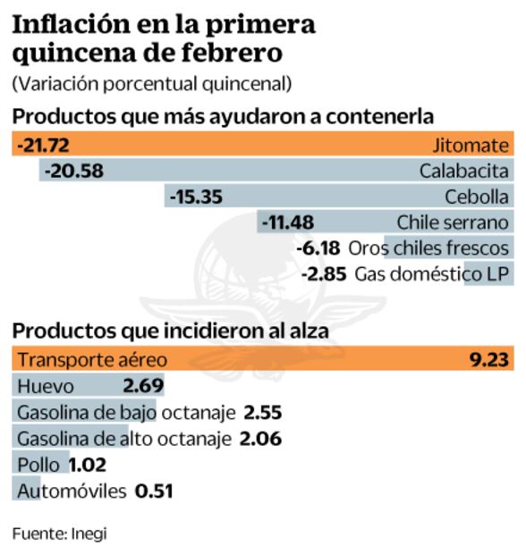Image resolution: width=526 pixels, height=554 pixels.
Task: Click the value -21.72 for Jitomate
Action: [43, 145]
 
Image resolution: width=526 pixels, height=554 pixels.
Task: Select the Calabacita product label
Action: [463, 171]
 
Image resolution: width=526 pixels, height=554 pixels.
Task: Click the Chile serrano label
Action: [453, 222]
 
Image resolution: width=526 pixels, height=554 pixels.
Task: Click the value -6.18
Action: [318, 248]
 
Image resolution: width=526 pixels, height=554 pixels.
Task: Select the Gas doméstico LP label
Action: [433, 274]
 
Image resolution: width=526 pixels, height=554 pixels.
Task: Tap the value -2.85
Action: [324, 274]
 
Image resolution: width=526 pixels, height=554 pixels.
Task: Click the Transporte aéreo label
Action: [92, 360]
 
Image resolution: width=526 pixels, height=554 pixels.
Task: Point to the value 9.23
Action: [489, 360]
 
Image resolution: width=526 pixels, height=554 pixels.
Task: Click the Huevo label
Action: [45, 386]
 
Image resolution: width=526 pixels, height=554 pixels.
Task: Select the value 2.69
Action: [142, 386]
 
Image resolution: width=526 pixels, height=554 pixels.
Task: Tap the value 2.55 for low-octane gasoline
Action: [263, 412]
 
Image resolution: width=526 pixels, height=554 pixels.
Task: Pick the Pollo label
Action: [38, 464]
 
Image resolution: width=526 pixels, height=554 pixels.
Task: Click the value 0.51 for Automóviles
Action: [153, 491]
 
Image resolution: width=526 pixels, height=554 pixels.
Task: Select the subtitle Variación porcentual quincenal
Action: [151, 85]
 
